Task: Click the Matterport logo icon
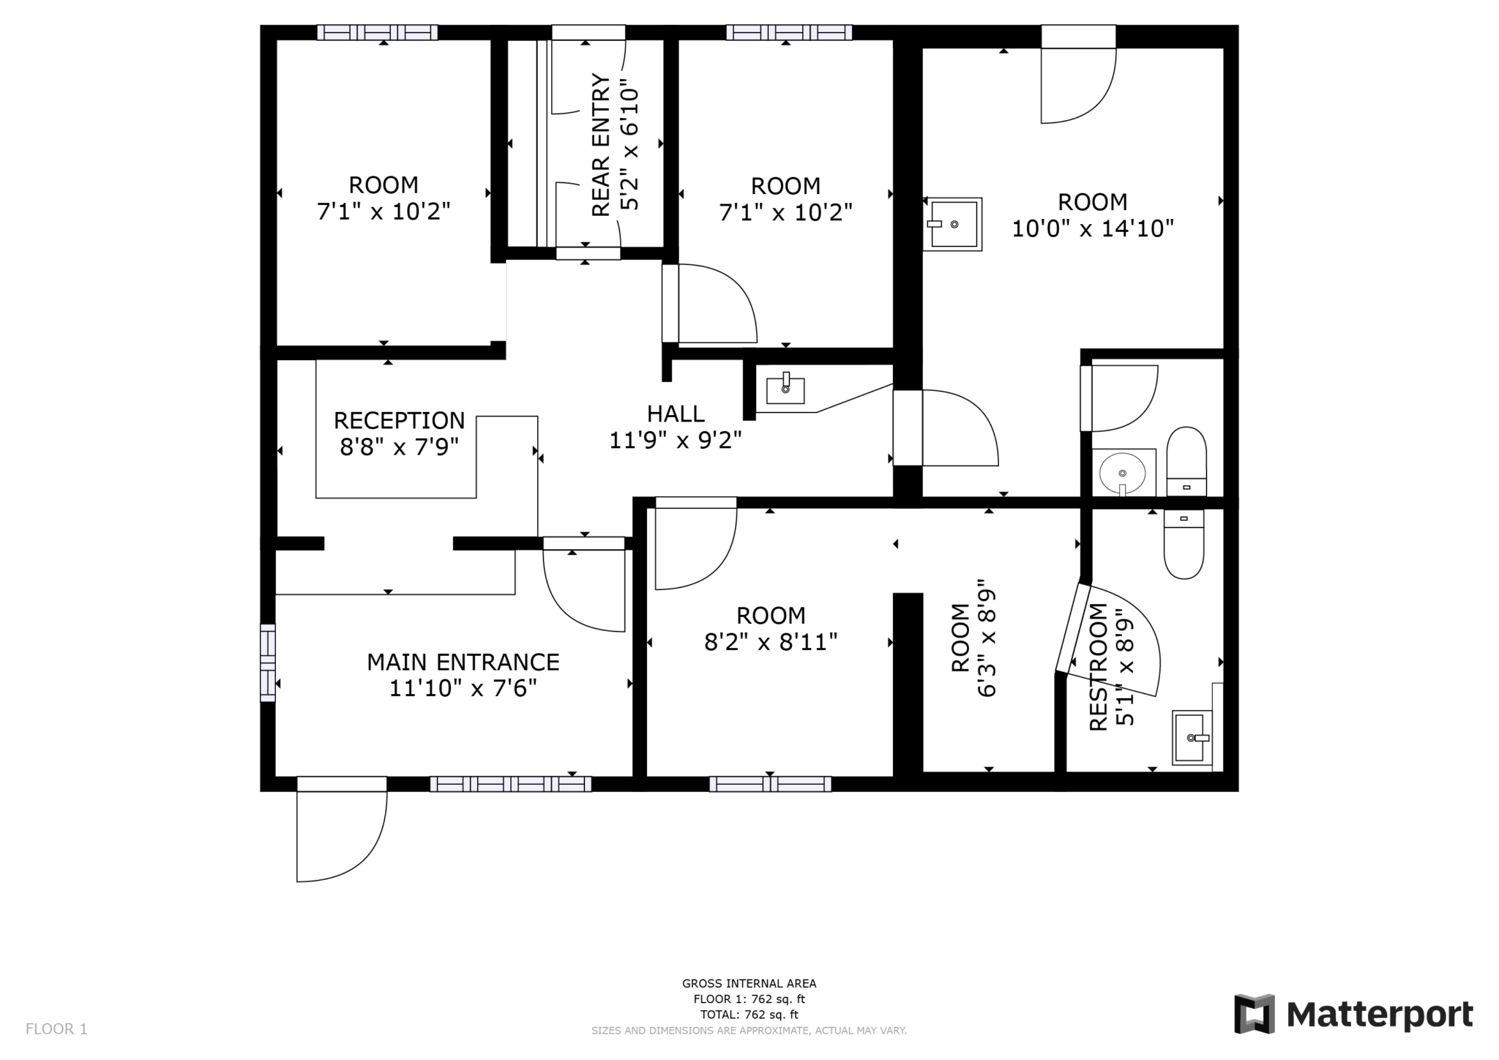pos(1255,1014)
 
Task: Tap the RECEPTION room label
pos(399,420)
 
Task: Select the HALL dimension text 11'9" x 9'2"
pos(676,440)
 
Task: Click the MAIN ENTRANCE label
pos(463,662)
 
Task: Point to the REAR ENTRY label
pos(600,145)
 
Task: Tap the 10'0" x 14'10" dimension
pos(1092,228)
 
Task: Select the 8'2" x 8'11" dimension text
pos(770,642)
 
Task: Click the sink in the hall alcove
pos(785,389)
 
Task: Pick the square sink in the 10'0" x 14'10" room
pos(952,224)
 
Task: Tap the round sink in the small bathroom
pos(1122,473)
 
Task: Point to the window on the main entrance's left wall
pos(268,662)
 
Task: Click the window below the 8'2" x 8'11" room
pos(770,784)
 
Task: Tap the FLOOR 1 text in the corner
pos(56,1029)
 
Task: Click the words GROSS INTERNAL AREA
pos(749,984)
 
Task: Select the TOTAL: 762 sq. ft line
pos(749,1015)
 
